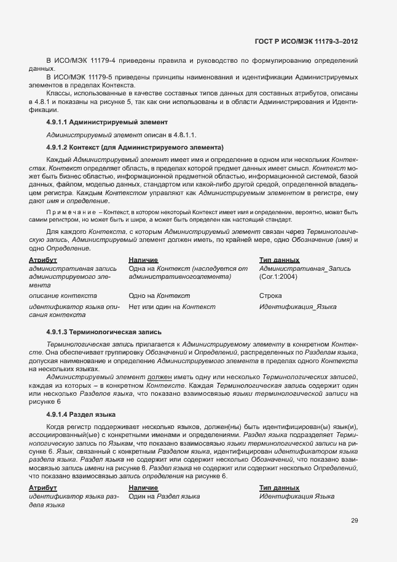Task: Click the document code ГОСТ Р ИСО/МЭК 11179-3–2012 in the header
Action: pyautogui.click(x=306, y=41)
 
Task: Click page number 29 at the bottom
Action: pyautogui.click(x=355, y=520)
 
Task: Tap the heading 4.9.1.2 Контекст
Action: pyautogui.click(x=135, y=147)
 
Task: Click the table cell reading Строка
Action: pyautogui.click(x=270, y=295)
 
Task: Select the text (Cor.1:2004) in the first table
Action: pyautogui.click(x=278, y=277)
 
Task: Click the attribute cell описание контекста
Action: pyautogui.click(x=63, y=295)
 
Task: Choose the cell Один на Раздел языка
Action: pyautogui.click(x=163, y=496)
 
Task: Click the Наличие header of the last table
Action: pyautogui.click(x=143, y=488)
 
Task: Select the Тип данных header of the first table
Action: pyautogui.click(x=279, y=260)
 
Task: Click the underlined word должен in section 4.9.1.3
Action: pyautogui.click(x=160, y=375)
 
